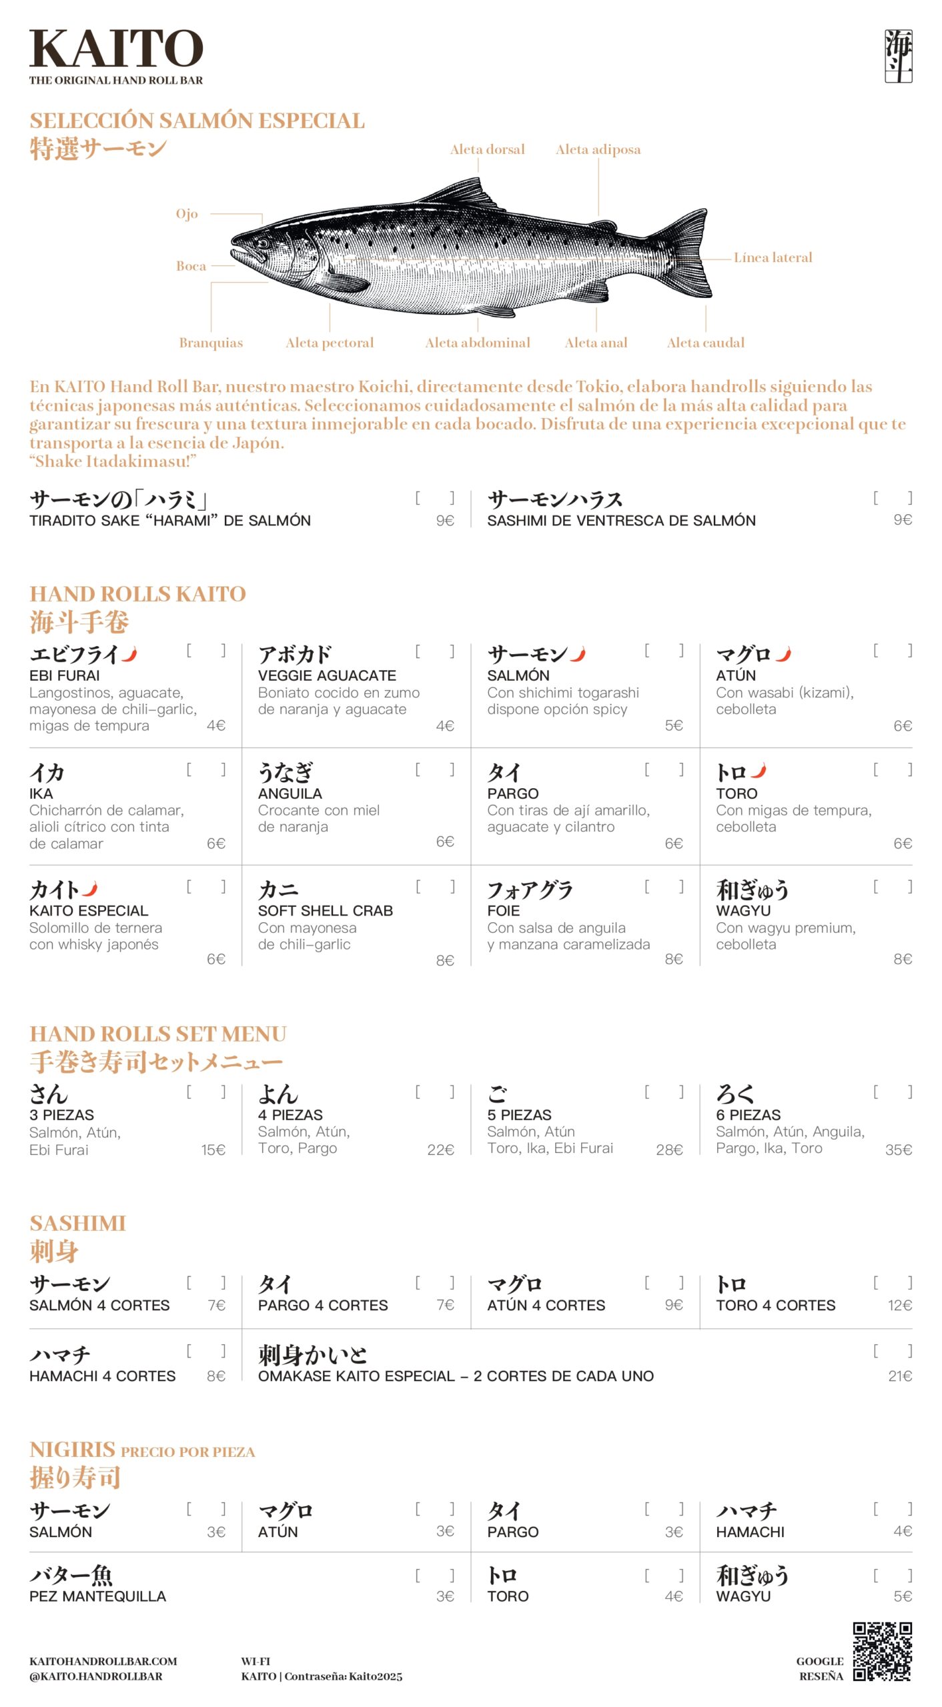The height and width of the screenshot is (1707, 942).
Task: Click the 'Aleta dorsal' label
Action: [x=487, y=149]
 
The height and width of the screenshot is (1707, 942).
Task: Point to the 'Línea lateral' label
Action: [x=773, y=257]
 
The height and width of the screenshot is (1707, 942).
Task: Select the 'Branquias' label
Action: [x=211, y=343]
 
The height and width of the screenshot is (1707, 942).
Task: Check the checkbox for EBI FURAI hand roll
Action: [x=206, y=651]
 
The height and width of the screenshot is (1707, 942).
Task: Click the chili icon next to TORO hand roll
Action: [x=758, y=771]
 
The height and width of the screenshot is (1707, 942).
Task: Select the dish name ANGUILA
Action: [x=290, y=793]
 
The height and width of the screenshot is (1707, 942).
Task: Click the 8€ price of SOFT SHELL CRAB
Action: [x=445, y=960]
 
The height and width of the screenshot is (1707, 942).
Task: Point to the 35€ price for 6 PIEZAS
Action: [x=899, y=1150]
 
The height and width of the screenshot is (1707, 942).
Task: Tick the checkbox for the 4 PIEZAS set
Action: [x=435, y=1092]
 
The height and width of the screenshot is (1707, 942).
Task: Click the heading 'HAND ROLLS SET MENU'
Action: [x=158, y=1034]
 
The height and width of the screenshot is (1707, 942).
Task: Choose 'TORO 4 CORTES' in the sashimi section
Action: [x=775, y=1305]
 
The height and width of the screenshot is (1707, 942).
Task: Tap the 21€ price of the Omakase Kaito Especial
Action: [x=900, y=1376]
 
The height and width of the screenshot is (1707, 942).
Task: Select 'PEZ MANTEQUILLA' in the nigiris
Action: [x=97, y=1596]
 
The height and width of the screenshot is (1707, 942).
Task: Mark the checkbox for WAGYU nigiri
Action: [x=893, y=1575]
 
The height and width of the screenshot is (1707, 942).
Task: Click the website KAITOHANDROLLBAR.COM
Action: [x=103, y=1661]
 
